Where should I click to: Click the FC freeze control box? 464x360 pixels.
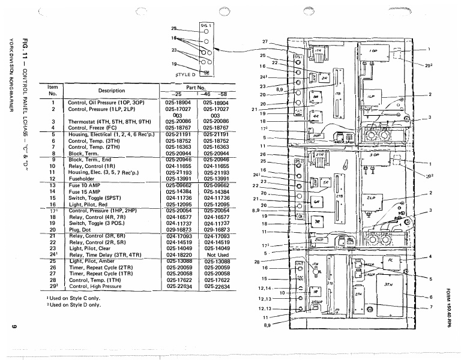coord(390,262)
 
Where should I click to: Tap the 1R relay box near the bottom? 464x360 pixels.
coord(315,292)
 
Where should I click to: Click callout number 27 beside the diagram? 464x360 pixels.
coord(265,41)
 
